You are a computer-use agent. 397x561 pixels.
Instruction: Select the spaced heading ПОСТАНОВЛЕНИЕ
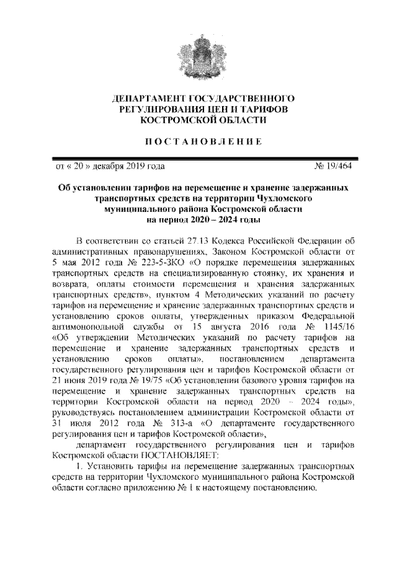pos(198,142)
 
